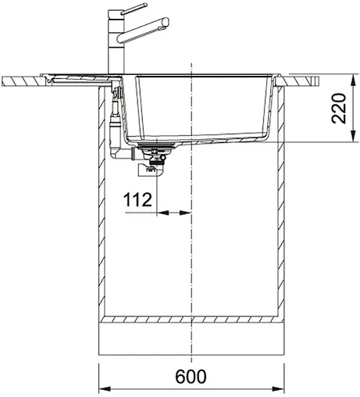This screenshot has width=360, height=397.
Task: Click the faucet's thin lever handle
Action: pyautogui.click(x=132, y=7)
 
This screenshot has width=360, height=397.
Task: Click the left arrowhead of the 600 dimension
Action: pyautogui.click(x=103, y=388)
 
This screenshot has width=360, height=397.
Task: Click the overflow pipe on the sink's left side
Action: pyautogui.click(x=115, y=117)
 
